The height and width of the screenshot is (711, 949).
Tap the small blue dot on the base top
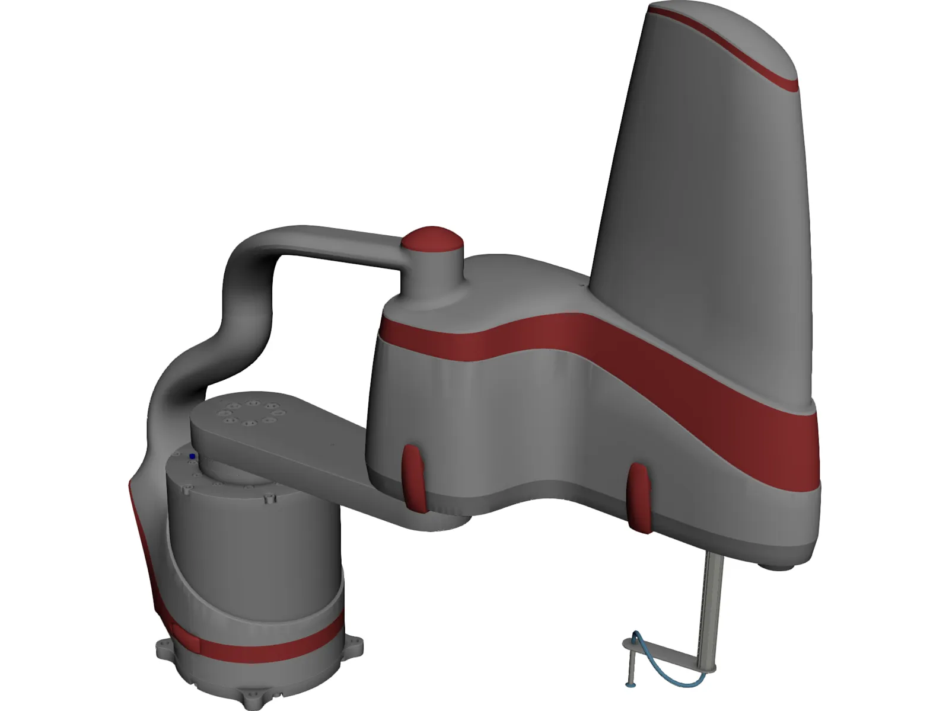pyautogui.click(x=192, y=456)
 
